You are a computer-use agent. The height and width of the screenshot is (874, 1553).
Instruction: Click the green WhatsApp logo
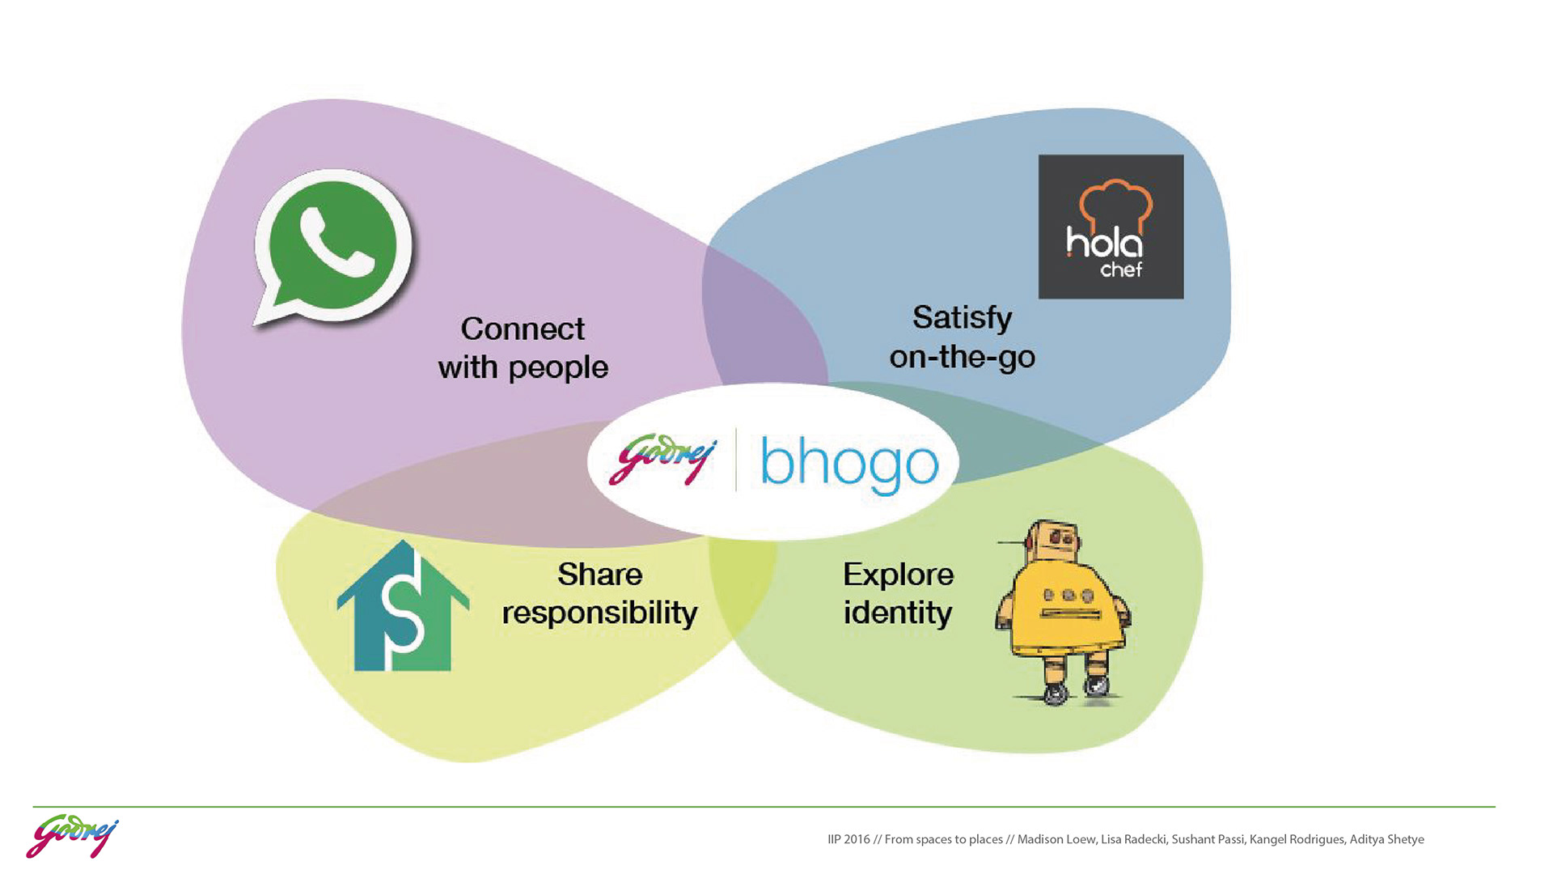(333, 246)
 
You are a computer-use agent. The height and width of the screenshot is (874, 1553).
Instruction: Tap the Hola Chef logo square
(1111, 227)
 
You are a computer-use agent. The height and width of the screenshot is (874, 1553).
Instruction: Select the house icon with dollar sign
(403, 607)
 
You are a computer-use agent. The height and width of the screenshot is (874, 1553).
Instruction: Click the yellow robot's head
(1052, 541)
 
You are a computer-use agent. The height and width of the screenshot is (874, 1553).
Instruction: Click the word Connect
(523, 329)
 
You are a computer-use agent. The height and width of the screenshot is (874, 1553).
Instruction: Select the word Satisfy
(962, 317)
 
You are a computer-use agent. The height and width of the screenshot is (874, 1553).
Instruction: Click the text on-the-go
(962, 357)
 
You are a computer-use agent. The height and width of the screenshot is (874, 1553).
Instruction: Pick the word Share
(599, 575)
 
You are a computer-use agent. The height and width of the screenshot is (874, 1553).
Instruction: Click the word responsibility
(599, 613)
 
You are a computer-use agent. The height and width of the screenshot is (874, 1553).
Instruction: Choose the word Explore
(898, 575)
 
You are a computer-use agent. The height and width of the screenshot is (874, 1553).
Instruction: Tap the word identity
(897, 613)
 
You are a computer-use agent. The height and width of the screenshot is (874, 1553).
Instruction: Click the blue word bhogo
(849, 463)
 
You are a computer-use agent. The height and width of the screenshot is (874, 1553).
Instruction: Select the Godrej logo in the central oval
(662, 460)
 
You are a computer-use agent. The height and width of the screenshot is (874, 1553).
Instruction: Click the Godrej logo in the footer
(72, 837)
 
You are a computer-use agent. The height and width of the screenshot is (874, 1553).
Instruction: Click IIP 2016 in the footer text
(848, 839)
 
